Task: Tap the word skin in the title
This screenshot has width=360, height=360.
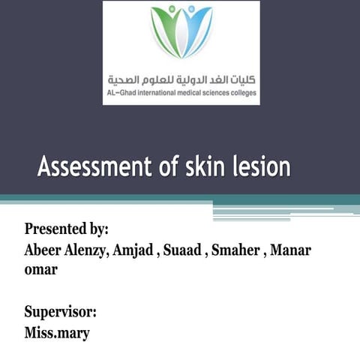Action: coord(205,166)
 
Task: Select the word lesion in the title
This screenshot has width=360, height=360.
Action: coord(262,166)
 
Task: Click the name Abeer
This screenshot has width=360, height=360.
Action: coord(45,250)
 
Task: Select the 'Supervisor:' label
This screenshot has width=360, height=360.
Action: coord(60,310)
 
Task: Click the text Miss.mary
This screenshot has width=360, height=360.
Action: coord(57,331)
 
